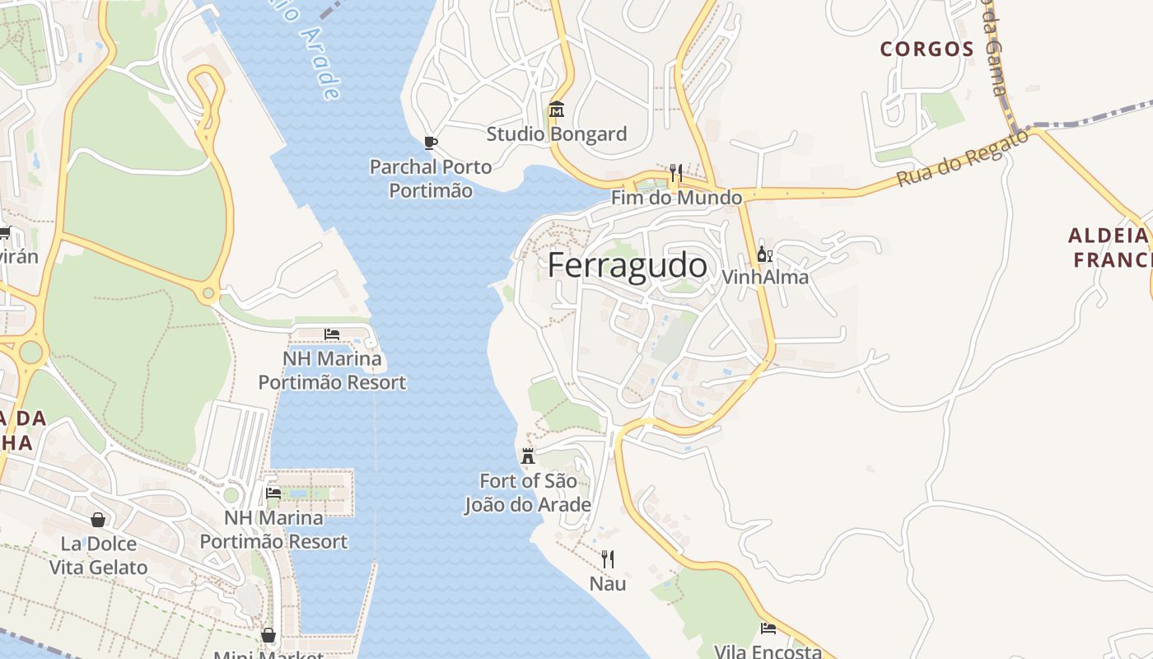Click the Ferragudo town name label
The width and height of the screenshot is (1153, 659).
627,266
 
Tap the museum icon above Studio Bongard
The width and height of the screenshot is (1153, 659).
556,110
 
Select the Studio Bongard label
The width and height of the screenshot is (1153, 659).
556,133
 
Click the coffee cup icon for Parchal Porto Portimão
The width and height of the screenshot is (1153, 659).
430,143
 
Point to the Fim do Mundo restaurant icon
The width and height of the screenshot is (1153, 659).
676,173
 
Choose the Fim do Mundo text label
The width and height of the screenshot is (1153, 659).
676,198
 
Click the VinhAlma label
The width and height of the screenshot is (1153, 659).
764,277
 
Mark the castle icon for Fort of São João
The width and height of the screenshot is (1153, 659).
528,456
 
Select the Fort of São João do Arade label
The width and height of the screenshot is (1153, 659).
528,493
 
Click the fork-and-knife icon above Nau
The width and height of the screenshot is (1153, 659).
608,559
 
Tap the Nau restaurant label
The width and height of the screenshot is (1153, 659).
608,584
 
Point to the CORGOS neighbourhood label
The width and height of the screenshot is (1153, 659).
927,49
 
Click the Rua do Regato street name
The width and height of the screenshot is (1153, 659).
963,158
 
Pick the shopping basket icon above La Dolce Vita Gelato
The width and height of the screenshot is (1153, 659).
98,520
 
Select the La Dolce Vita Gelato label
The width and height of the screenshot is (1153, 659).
98,555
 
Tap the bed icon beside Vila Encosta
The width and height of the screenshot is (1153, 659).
768,629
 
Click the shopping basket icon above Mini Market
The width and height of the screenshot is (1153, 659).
268,635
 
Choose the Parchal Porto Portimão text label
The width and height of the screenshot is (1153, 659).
431,179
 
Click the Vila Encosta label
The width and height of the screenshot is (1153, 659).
768,652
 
